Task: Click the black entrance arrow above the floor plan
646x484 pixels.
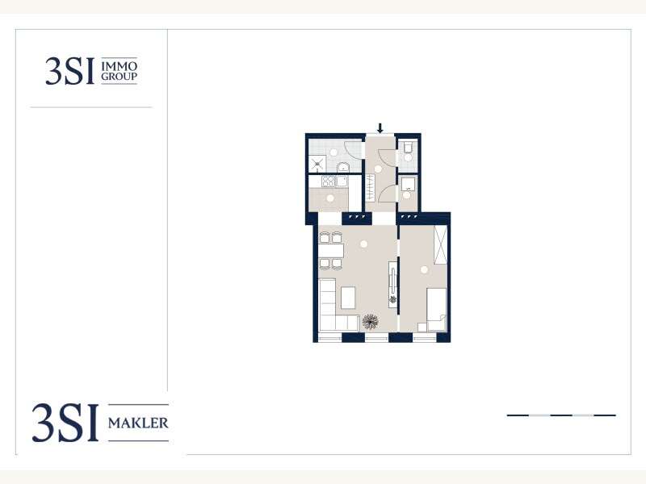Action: click(x=380, y=128)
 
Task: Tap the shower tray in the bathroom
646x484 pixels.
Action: click(x=317, y=164)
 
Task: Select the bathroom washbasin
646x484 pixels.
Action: click(x=343, y=167)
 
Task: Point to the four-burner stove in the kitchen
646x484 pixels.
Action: click(x=329, y=181)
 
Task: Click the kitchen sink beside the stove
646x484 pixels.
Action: click(x=342, y=181)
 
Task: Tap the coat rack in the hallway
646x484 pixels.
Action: click(x=371, y=188)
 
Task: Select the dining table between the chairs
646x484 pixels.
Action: click(x=331, y=250)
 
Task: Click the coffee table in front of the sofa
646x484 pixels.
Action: click(x=348, y=298)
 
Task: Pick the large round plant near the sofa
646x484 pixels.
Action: click(x=371, y=321)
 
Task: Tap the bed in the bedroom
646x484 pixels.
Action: click(x=436, y=310)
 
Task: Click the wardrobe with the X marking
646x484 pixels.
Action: click(x=440, y=244)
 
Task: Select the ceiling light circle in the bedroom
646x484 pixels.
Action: click(x=424, y=270)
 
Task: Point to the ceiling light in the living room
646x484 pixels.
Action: click(x=363, y=244)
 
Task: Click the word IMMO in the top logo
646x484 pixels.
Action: click(x=119, y=66)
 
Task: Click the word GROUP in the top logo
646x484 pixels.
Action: click(x=119, y=76)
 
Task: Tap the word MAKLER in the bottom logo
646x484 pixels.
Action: click(x=138, y=423)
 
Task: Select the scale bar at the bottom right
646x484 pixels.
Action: click(x=561, y=415)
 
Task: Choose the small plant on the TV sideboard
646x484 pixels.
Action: click(x=393, y=299)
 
